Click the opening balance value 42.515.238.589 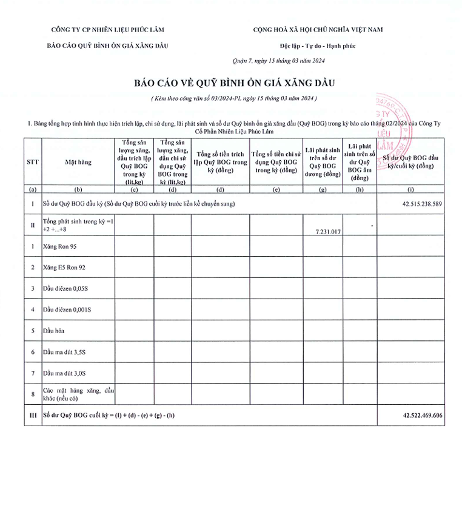tap(413, 205)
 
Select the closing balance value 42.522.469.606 tap(413, 416)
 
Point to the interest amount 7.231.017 tap(328, 232)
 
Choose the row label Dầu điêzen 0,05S tap(66, 288)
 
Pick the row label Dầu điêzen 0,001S tap(67, 310)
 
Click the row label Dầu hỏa tap(53, 331)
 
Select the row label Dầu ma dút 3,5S tap(64, 352)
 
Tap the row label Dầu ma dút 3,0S tap(64, 373)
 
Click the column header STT tap(32, 162)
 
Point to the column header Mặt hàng tap(78, 162)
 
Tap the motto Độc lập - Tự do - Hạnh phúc tap(318, 46)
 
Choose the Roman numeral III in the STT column tap(32, 416)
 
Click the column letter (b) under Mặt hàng tap(78, 189)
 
